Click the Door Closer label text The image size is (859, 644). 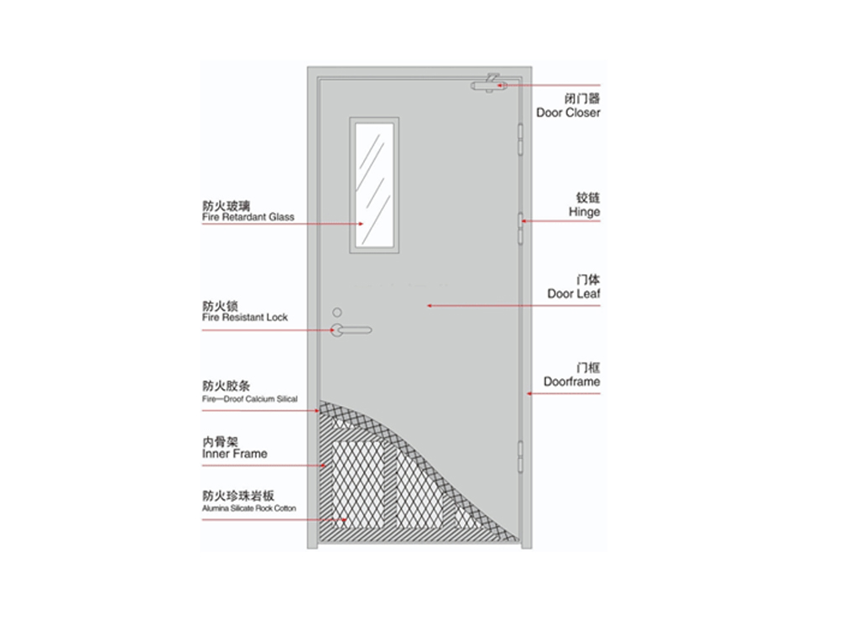click(568, 112)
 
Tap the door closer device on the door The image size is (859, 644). click(489, 84)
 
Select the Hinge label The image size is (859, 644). click(584, 212)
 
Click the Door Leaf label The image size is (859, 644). click(574, 293)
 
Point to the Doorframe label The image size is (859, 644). click(571, 382)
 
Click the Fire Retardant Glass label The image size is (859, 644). click(248, 217)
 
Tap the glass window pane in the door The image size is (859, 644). click(374, 185)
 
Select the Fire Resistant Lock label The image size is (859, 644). click(245, 317)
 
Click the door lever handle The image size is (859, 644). click(351, 330)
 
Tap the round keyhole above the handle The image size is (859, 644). click(337, 312)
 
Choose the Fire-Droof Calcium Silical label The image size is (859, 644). click(250, 398)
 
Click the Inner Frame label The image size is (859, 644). click(235, 454)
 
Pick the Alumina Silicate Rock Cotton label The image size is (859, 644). click(249, 508)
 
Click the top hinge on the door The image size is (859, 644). click(520, 139)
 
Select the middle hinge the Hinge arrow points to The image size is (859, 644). click(520, 228)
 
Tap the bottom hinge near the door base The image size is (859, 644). click(520, 457)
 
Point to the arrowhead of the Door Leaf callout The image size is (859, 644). click(429, 305)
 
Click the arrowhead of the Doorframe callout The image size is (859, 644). click(529, 394)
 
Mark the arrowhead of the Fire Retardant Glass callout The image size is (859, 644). click(361, 224)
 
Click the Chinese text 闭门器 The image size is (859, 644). click(582, 99)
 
